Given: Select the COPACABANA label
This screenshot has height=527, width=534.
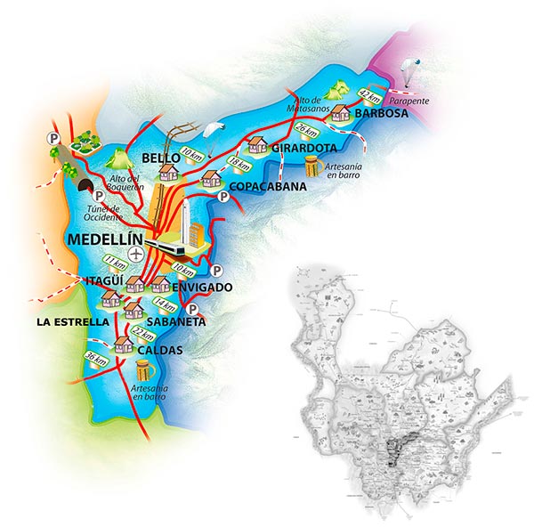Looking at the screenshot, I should pos(268,188).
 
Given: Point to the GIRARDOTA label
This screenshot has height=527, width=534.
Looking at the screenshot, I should pos(303,146).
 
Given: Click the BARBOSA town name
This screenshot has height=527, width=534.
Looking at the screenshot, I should pos(381,115).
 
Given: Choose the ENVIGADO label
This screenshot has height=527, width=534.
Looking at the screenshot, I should pos(204,288).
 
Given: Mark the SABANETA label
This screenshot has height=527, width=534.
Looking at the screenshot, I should pos(176,320).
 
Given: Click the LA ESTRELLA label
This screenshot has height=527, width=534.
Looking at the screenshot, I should pos(72,320).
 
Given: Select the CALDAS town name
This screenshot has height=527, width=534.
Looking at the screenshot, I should pos(159,351).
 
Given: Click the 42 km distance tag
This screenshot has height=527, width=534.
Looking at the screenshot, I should pos(368,94).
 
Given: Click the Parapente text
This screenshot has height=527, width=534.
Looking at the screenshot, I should pos(409,101).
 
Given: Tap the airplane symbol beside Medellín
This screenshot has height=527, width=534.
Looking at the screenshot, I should pos(135,255).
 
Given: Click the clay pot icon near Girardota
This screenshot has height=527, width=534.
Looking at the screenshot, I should pos(311,166).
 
